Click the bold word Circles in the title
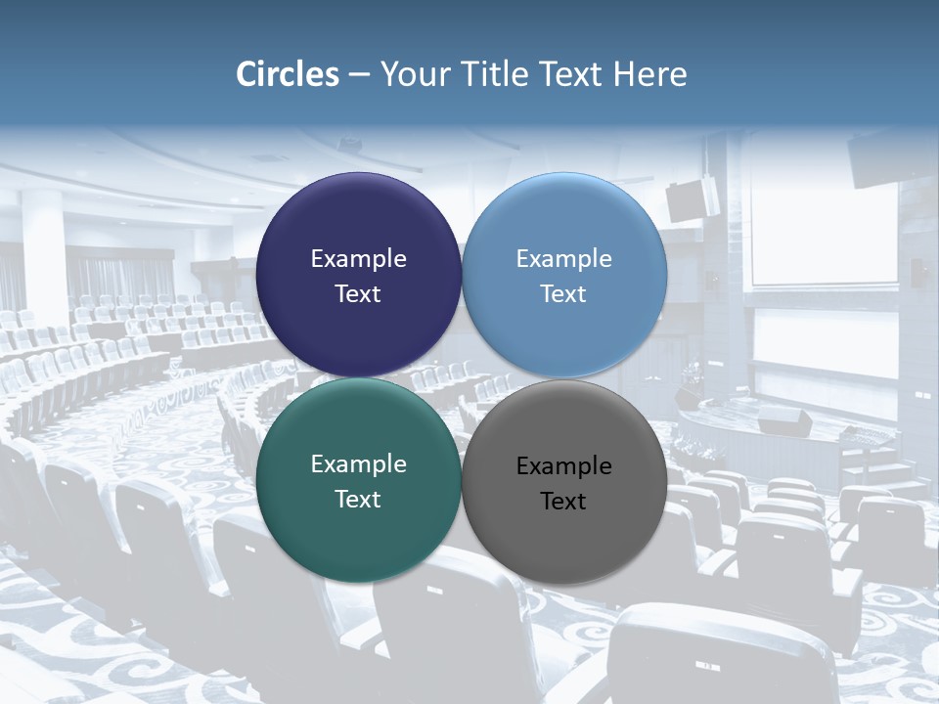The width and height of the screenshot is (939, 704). pyautogui.click(x=287, y=74)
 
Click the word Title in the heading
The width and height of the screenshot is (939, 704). pyautogui.click(x=491, y=74)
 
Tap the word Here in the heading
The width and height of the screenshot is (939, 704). pyautogui.click(x=649, y=74)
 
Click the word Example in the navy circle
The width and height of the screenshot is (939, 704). pyautogui.click(x=358, y=258)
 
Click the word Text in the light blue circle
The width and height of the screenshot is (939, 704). pyautogui.click(x=563, y=293)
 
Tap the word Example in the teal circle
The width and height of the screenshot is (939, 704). pyautogui.click(x=358, y=463)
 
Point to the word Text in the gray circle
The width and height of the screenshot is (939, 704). pyautogui.click(x=563, y=501)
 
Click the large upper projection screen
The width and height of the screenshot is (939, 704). pyautogui.click(x=824, y=235)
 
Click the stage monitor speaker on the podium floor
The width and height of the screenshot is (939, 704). pyautogui.click(x=783, y=421)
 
